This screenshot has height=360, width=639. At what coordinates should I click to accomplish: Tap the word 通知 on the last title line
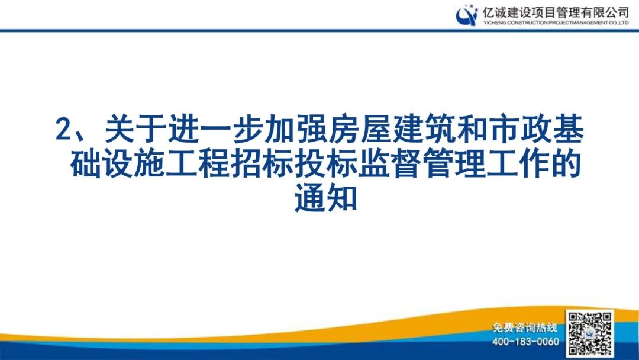(326, 200)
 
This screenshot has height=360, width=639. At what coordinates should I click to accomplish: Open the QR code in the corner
(589, 333)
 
